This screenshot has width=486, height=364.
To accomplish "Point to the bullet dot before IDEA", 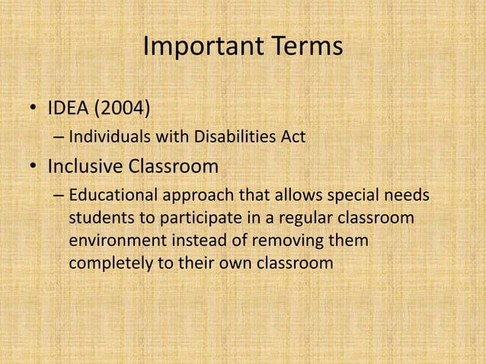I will click(34, 113).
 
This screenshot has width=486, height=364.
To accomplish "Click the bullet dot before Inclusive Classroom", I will click(34, 166).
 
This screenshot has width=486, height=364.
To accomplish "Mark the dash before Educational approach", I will click(59, 196).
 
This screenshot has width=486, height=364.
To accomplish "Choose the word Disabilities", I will click(227, 139).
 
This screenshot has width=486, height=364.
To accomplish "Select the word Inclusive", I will click(85, 165).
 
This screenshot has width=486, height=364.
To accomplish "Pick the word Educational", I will click(112, 196).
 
